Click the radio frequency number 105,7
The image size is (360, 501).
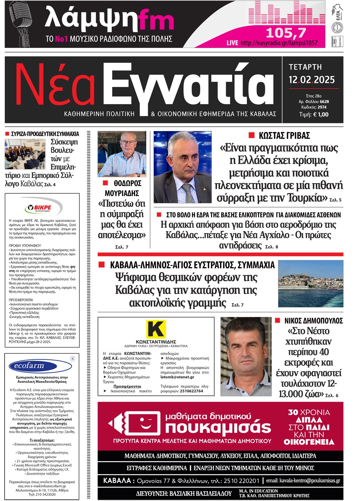coord(286,33)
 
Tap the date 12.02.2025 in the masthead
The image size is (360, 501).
coord(311,80)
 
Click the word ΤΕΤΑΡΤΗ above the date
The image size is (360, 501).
coord(305,67)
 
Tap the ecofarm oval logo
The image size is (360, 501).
coord(29,366)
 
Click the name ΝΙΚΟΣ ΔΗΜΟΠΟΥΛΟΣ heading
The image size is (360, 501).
coord(313,321)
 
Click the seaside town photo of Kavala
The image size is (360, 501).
coord(310,284)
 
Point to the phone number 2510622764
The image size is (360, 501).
coord(191,391)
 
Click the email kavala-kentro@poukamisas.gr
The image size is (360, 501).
coord(303,480)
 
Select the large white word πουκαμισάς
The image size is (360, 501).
coord(218,427)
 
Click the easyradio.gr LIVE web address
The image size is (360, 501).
coord(279,43)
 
